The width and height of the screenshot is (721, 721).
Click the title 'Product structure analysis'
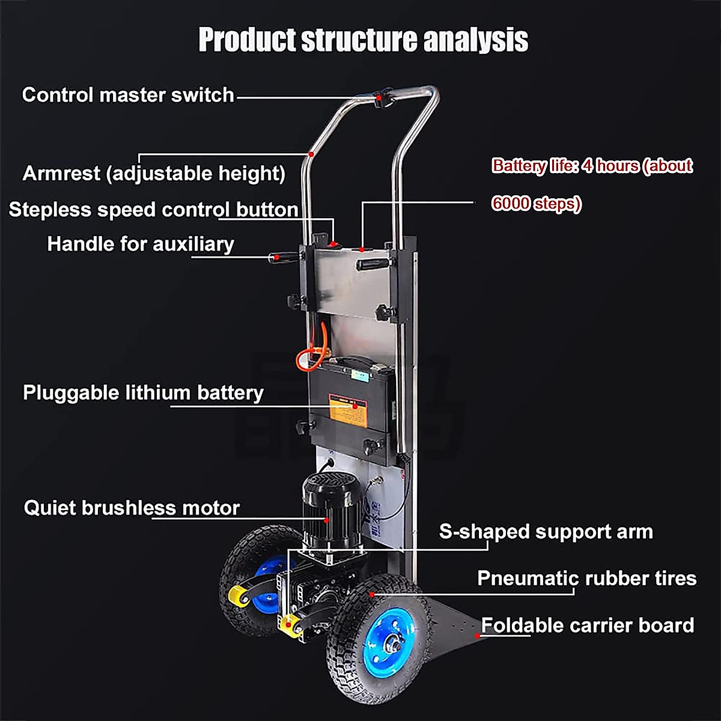363,40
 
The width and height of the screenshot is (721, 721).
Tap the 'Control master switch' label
128,95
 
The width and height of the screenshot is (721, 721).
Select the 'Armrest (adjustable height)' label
154,174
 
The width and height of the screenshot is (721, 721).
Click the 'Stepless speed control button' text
154,210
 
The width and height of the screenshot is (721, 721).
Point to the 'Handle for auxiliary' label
141,244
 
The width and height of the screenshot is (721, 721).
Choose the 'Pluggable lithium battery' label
143,393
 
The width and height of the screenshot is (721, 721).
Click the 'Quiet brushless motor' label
132,508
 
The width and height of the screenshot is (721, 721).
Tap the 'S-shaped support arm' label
546,532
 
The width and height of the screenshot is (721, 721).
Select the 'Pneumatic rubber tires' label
586,579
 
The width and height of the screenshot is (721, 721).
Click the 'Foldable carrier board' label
587,625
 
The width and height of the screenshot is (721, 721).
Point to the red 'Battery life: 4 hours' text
592,166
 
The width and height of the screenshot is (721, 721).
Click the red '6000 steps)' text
536,204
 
